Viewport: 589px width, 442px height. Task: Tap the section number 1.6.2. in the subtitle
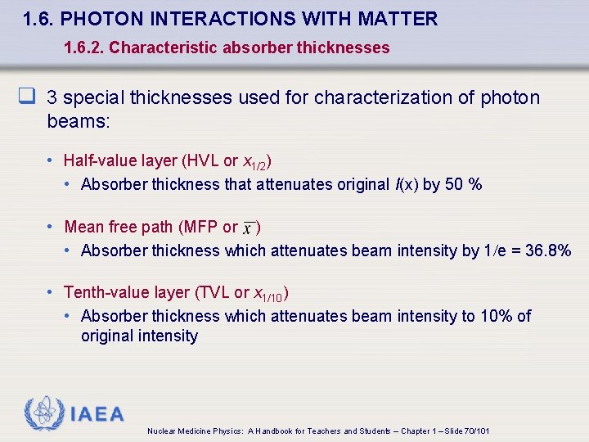pos(83,47)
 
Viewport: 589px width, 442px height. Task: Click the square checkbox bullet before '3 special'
pos(28,98)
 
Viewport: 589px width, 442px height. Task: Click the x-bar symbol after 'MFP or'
pos(249,228)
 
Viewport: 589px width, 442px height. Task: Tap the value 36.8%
pos(548,250)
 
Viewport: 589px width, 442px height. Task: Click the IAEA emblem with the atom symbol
pos(43,413)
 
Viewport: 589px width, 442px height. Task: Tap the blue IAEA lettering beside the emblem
pos(97,414)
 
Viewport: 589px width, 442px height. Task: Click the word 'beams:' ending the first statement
pos(79,121)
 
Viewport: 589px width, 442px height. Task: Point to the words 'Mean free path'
pos(119,227)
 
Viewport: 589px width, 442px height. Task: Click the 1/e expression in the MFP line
pos(494,250)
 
